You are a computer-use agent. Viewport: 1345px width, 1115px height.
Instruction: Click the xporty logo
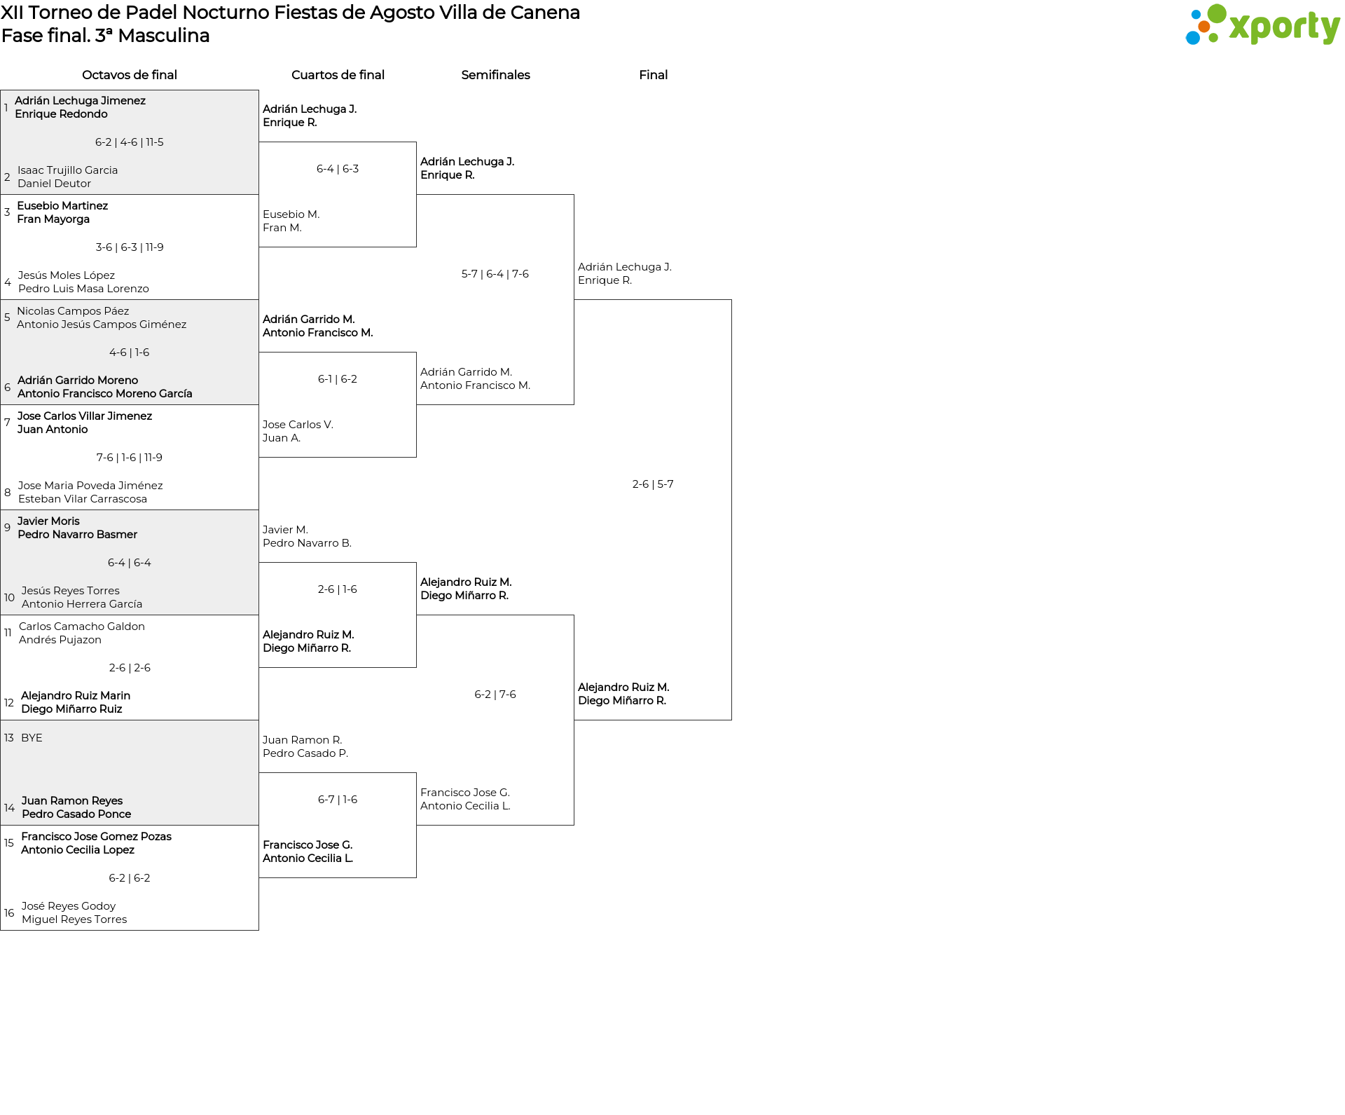1262,25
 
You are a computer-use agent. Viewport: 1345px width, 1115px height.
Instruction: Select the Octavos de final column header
130,75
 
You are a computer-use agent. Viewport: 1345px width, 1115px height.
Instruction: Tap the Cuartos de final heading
338,75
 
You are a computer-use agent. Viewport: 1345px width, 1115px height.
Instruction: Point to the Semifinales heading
495,75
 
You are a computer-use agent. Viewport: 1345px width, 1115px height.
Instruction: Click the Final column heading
653,75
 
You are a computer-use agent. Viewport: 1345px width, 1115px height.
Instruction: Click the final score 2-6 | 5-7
653,484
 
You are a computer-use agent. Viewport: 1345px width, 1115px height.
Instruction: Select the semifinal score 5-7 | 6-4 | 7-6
495,274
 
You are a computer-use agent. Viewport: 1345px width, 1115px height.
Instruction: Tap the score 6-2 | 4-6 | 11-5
130,142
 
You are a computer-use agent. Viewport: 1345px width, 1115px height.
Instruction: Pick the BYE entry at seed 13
32,738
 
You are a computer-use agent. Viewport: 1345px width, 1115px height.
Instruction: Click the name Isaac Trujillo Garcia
68,170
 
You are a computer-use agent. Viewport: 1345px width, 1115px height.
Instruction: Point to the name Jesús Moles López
67,275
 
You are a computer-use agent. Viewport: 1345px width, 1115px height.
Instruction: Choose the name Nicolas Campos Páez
73,311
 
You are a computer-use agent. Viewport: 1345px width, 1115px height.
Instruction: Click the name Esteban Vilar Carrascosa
83,499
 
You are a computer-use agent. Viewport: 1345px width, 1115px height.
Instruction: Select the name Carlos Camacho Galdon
82,627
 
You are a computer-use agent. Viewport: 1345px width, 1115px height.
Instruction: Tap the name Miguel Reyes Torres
74,919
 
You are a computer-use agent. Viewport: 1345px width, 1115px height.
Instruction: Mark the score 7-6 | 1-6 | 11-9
130,458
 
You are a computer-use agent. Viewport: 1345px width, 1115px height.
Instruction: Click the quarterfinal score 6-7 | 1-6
338,800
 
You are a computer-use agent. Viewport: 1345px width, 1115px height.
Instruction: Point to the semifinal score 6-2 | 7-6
495,695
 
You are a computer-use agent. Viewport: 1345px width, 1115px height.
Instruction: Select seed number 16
9,913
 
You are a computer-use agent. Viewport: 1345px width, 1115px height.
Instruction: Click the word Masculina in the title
164,36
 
